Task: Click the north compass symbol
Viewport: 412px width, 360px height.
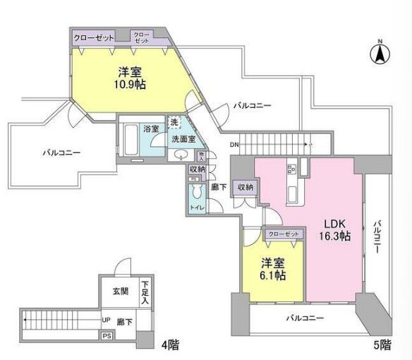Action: coord(378,52)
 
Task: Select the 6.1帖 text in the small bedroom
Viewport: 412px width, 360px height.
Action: coord(272,275)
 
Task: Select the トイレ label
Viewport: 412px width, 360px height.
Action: coord(197,208)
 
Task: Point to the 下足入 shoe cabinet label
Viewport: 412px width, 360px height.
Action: coord(145,289)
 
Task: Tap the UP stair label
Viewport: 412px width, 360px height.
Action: coord(106,320)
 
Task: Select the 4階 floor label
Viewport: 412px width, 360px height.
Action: coord(169,345)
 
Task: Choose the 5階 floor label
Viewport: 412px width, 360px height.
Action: coord(381,345)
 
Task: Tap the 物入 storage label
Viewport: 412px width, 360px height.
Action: coord(201,156)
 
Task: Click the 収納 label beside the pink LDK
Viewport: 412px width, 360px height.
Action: coord(245,186)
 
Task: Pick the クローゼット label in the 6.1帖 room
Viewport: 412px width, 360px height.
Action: coord(284,234)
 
